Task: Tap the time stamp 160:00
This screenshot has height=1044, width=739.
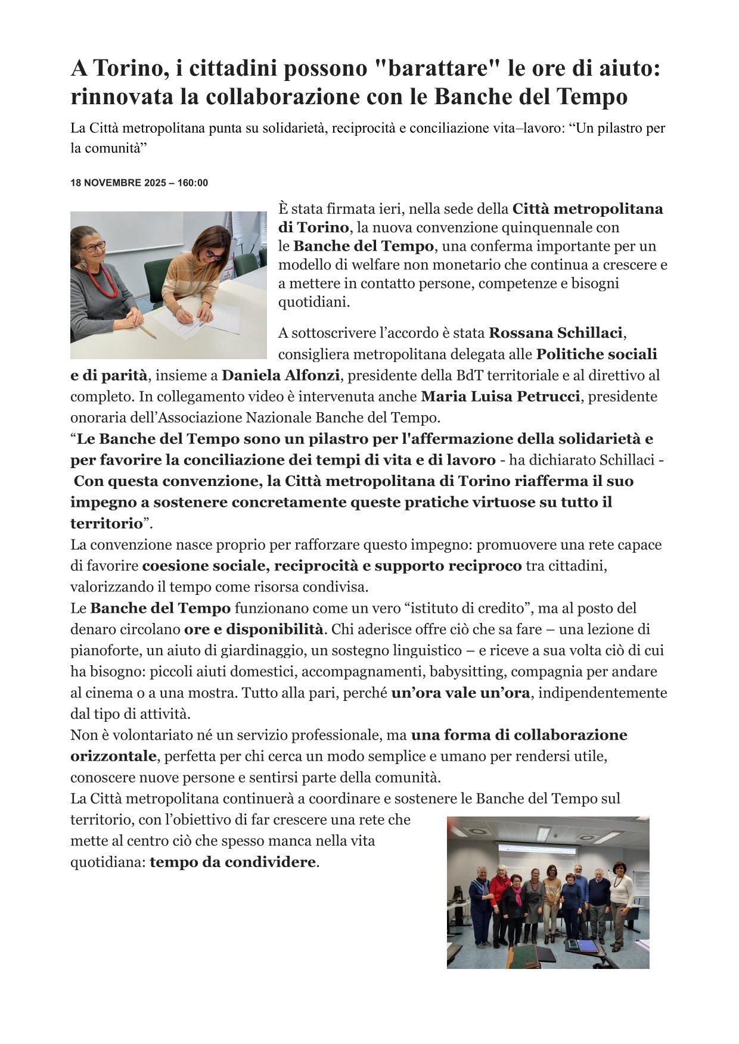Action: point(192,183)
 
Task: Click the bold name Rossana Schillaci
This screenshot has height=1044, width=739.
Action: point(555,332)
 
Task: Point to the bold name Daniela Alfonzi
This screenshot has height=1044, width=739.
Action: point(281,375)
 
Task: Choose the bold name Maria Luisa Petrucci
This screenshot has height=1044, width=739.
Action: point(500,396)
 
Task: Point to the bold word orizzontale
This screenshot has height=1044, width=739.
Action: point(113,756)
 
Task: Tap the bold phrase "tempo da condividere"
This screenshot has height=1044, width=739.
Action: point(232,862)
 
